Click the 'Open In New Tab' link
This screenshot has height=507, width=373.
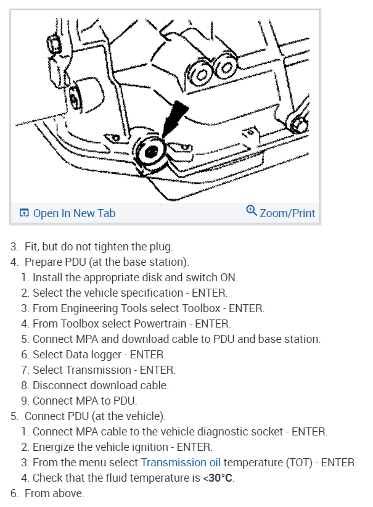(x=74, y=213)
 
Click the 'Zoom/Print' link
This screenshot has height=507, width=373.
(x=287, y=213)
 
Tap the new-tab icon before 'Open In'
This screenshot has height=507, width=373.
(x=24, y=213)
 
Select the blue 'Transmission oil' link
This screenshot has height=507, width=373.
(x=181, y=462)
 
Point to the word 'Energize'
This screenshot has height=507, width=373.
(x=55, y=447)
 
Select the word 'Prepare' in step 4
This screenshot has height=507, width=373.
(x=44, y=262)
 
